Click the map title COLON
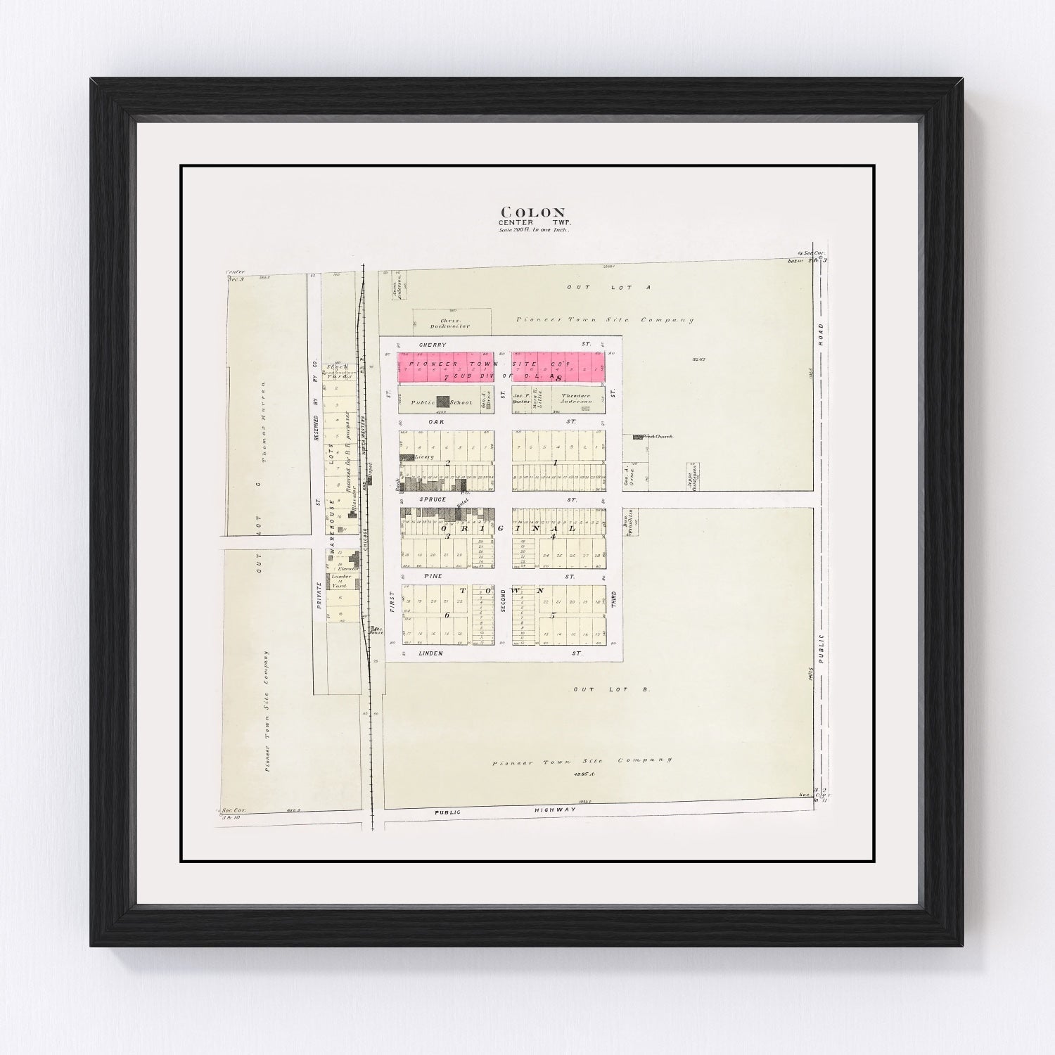532,212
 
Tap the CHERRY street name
433,345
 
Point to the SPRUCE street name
433,499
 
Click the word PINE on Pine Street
433,576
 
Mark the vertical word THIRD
613,601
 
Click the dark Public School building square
443,402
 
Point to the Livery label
423,456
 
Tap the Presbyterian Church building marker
638,437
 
